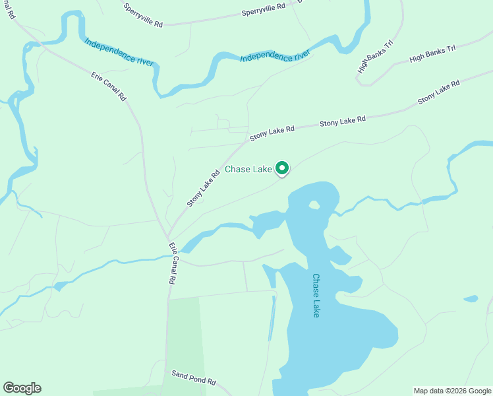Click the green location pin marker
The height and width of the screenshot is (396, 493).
(282, 169)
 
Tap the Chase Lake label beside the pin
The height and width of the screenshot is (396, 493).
(248, 170)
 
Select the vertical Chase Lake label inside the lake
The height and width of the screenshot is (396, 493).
(316, 296)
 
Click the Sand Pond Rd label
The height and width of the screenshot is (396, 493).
(194, 378)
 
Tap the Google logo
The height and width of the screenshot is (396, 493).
(22, 388)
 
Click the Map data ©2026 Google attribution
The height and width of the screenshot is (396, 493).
(453, 391)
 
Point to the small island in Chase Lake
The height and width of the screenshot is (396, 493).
(314, 205)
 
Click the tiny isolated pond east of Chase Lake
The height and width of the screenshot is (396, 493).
(471, 299)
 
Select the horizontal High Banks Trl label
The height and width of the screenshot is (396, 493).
(432, 54)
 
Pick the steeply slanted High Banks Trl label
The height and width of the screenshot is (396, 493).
(375, 57)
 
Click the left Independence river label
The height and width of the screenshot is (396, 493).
(119, 51)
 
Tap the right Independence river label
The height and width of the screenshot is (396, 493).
(275, 57)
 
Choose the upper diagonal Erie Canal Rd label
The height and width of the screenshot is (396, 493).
(109, 86)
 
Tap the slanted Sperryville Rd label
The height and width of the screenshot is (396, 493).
(142, 14)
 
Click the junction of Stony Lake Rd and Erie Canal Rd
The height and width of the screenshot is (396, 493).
(167, 237)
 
